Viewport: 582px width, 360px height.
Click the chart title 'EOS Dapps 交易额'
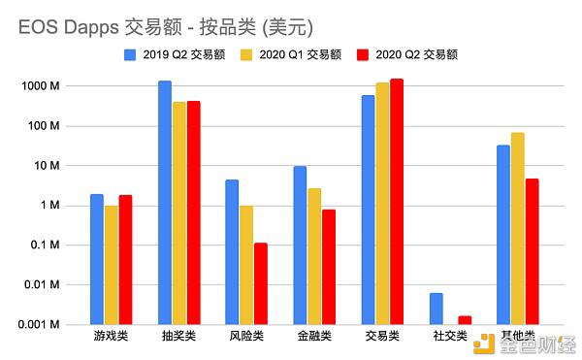(100, 27)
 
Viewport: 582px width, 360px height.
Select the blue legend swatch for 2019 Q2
(130, 55)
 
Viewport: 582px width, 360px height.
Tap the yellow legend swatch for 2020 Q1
(246, 55)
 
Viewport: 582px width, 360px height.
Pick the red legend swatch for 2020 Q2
(363, 55)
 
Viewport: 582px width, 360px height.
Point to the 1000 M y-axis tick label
(41, 86)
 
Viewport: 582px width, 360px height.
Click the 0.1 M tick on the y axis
(45, 245)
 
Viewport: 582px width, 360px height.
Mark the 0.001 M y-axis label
(39, 325)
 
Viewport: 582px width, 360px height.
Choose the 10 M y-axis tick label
(47, 166)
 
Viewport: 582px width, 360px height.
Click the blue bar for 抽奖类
(165, 203)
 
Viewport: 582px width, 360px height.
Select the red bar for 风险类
(261, 284)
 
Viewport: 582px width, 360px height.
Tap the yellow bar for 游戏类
(111, 265)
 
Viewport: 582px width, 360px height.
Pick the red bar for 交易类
(397, 202)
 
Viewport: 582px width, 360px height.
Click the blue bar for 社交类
(436, 309)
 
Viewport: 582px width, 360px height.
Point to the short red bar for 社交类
(465, 320)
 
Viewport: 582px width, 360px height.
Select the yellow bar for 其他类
(517, 229)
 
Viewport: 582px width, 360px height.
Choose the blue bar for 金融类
(300, 245)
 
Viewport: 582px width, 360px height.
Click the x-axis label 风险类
(246, 336)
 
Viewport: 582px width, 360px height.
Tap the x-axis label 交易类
(382, 336)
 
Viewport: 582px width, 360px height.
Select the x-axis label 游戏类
(111, 336)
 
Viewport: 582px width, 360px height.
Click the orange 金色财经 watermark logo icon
(484, 344)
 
